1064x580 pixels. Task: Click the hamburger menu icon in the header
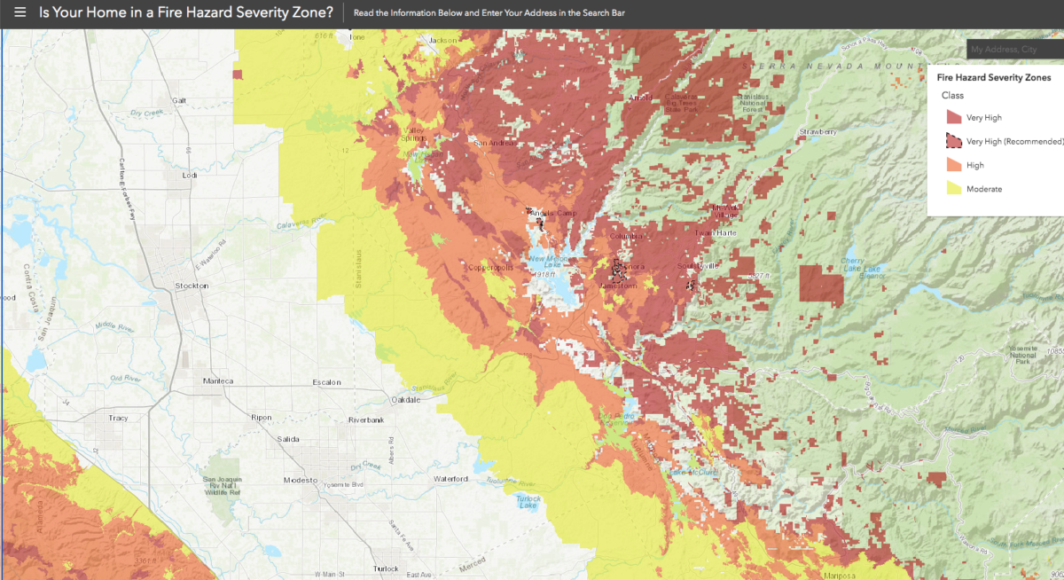pos(20,13)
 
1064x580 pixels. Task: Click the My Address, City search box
pos(1015,50)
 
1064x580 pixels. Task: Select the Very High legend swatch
pos(953,117)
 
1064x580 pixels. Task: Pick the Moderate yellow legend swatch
pos(953,189)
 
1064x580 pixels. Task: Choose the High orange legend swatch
pos(953,165)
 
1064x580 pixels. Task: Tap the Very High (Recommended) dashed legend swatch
pos(953,141)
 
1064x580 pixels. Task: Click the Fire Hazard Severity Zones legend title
pos(993,78)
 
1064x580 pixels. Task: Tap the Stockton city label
pos(192,286)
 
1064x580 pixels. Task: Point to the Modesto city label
pos(300,480)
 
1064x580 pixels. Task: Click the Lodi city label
pos(188,176)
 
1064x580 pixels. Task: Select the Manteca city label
pos(217,381)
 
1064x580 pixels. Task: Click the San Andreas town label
pos(493,143)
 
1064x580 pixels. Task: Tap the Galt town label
pos(181,100)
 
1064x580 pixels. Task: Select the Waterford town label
pos(450,480)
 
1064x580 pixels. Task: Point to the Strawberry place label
pos(818,132)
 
